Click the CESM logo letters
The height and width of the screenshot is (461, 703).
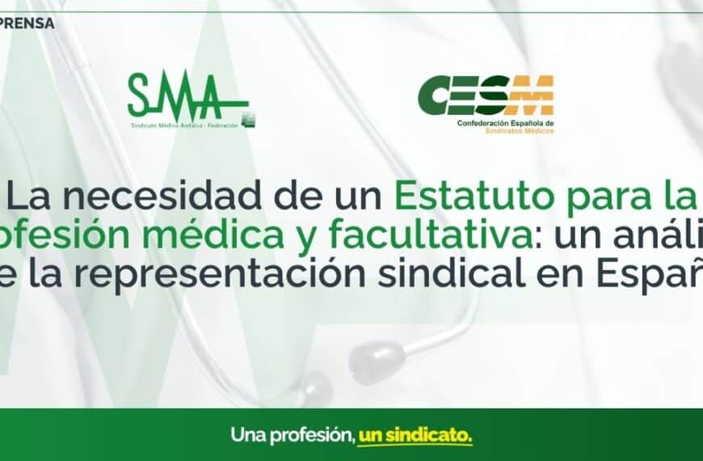[486, 95]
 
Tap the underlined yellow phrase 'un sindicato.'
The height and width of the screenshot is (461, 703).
[415, 434]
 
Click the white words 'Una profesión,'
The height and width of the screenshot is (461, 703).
[293, 434]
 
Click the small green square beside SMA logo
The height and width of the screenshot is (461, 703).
[250, 117]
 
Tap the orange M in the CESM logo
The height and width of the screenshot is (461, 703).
[535, 95]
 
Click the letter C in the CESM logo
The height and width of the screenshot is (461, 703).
[436, 95]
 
